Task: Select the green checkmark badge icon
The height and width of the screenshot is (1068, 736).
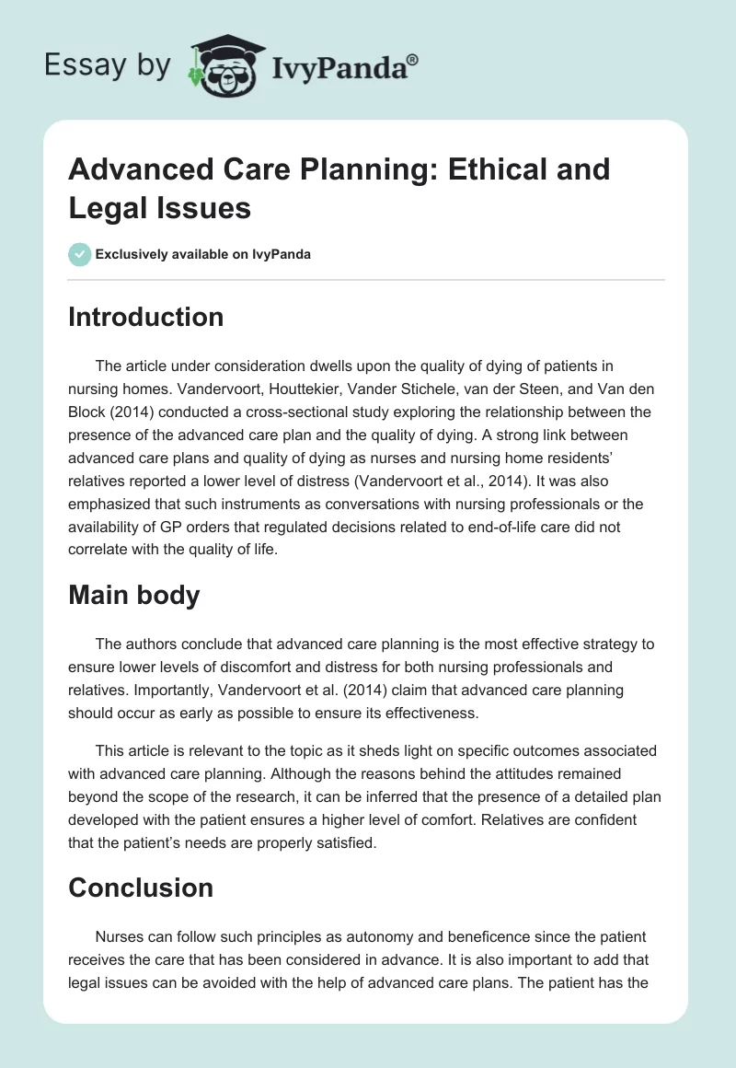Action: pyautogui.click(x=80, y=254)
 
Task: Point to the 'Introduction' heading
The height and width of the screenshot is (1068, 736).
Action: pyautogui.click(x=146, y=317)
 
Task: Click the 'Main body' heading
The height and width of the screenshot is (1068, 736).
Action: pyautogui.click(x=134, y=595)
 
